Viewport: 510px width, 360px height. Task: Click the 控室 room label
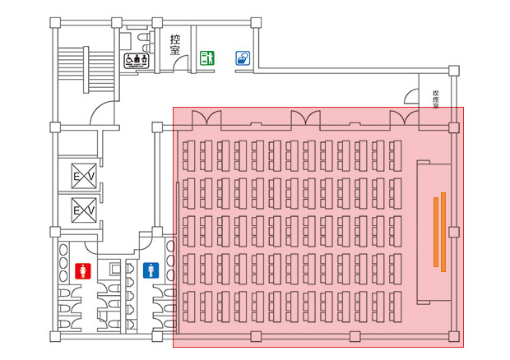[x=175, y=44]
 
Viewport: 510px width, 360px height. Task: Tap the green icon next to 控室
[x=207, y=58]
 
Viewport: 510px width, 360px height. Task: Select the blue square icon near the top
[x=243, y=58]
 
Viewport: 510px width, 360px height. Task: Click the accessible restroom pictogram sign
[x=136, y=59]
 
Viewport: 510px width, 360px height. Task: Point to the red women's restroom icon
[x=81, y=270]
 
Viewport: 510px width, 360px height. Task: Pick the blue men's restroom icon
[x=151, y=270]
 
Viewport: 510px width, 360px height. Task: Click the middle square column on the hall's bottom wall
[x=355, y=336]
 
